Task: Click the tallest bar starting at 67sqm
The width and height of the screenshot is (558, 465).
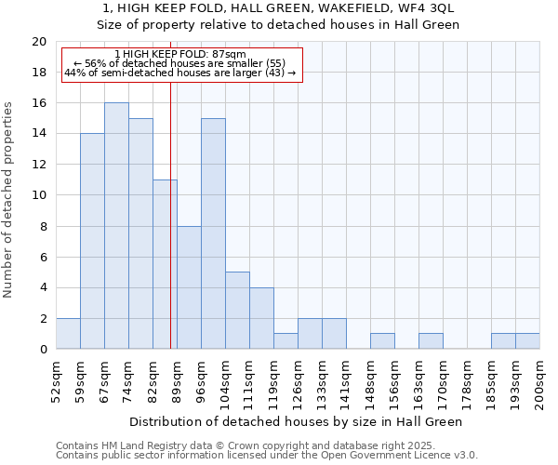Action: (x=116, y=226)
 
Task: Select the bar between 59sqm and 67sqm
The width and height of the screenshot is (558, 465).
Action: (x=92, y=242)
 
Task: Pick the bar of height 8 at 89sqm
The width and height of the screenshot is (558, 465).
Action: (x=189, y=287)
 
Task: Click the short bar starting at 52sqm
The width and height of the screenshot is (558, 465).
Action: (x=68, y=334)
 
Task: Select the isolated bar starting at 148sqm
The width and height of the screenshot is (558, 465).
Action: (x=382, y=341)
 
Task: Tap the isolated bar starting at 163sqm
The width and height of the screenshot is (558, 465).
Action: (x=431, y=341)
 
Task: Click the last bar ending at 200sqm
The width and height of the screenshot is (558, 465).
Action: (x=527, y=341)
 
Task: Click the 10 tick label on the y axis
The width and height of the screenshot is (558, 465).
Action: (x=38, y=195)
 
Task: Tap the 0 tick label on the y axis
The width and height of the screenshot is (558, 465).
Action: (x=42, y=350)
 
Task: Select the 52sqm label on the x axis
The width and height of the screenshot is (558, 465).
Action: (x=57, y=380)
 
